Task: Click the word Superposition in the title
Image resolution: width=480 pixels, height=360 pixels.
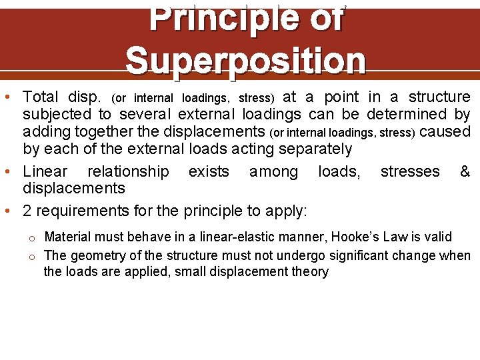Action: [x=245, y=60]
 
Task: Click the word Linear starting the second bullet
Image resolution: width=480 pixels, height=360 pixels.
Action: [x=45, y=172]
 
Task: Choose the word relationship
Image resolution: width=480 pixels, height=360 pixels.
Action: [x=128, y=172]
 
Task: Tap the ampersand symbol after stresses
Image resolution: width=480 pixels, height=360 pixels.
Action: [x=465, y=172]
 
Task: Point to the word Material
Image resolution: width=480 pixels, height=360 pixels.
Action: [x=67, y=237]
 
